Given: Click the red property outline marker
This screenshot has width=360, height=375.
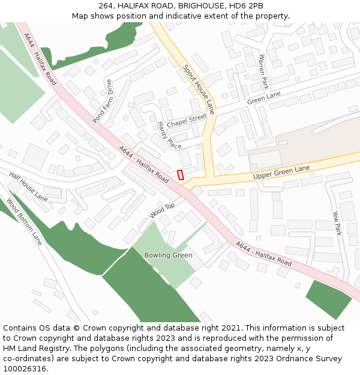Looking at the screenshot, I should [181, 175].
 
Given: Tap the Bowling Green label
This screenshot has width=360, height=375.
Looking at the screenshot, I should [168, 256].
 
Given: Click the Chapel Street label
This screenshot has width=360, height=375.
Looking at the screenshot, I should [187, 120].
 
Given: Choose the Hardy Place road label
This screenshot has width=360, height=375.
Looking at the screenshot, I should [169, 136].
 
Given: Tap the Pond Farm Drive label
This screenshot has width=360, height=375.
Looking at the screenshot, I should [103, 101].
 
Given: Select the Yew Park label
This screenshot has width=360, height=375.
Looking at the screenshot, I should [336, 223].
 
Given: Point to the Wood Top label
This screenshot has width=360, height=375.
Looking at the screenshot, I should [162, 210].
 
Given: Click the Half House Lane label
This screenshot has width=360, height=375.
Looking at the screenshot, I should [28, 186].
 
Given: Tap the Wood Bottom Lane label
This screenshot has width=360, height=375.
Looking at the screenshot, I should [25, 221].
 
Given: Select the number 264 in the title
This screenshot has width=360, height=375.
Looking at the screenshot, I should [107, 6].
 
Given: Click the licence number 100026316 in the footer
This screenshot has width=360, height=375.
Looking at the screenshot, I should [25, 369].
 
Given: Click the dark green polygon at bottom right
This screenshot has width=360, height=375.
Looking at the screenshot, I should [329, 298].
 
